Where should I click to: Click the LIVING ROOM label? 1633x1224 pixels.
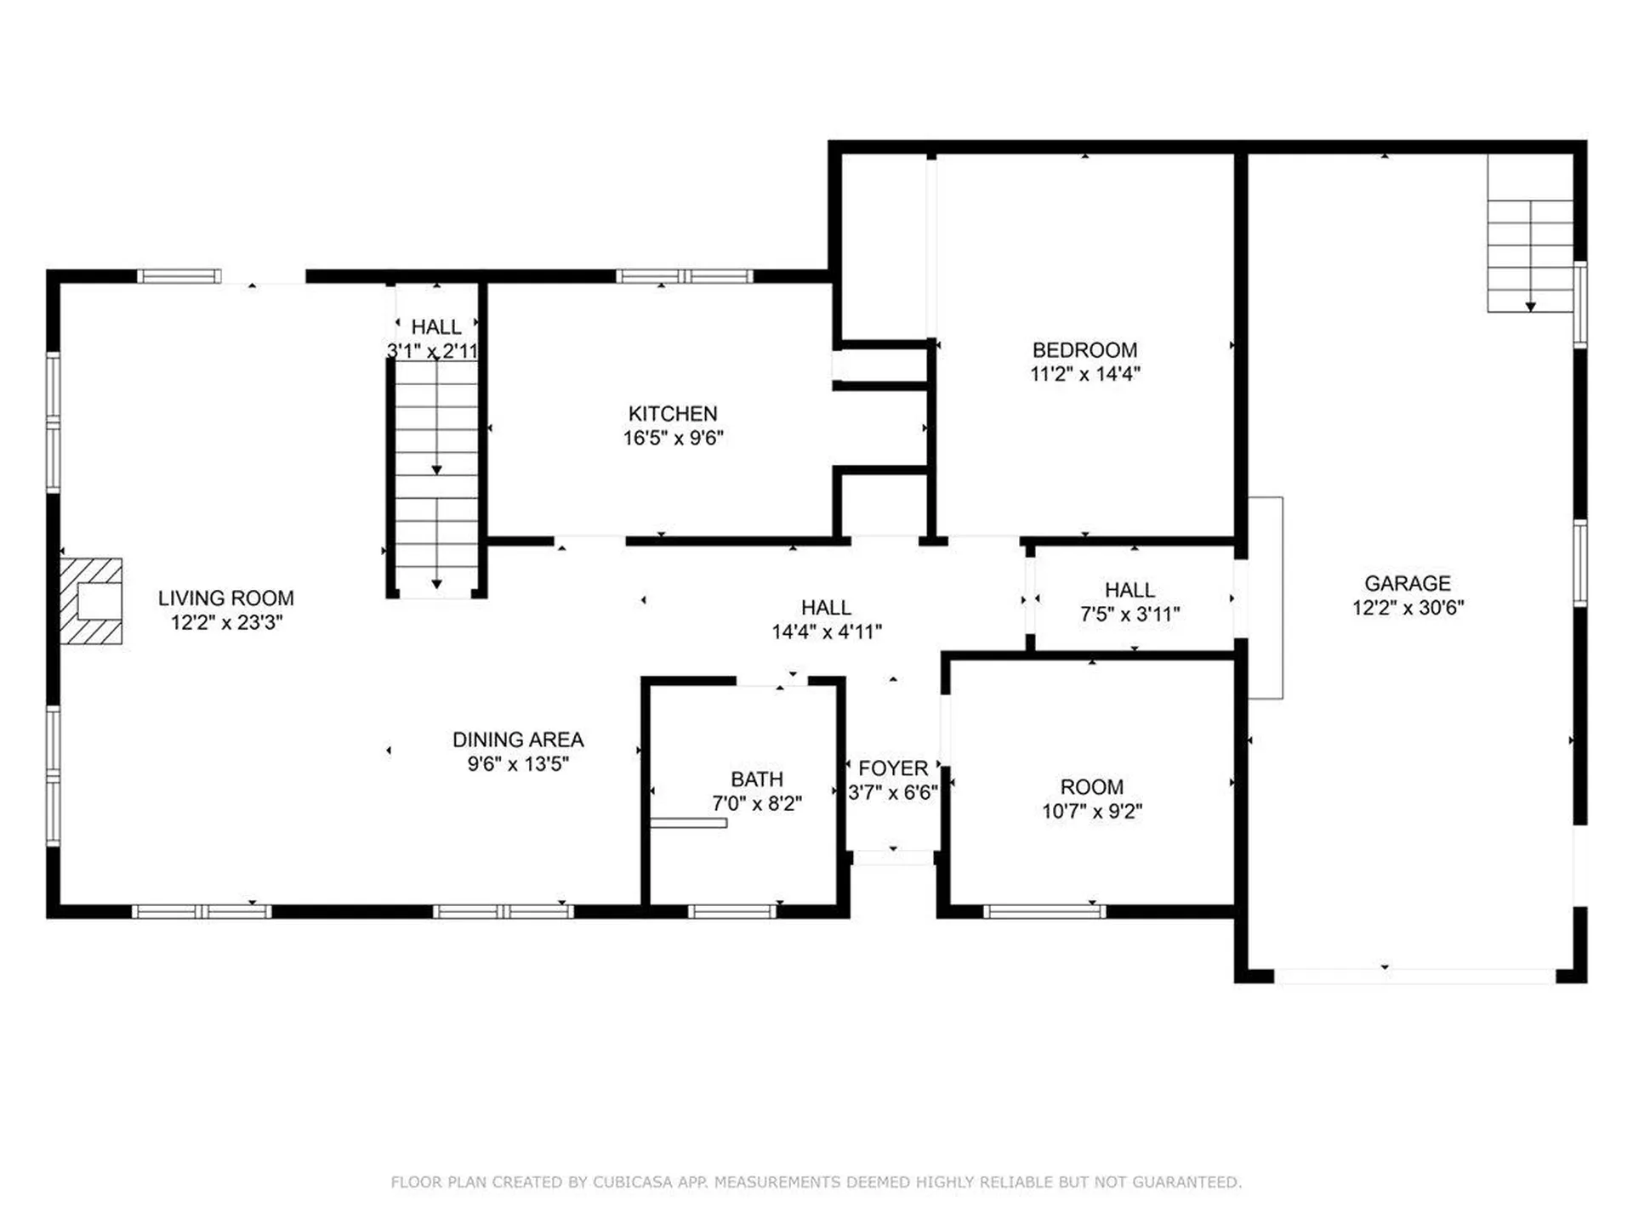pos(225,598)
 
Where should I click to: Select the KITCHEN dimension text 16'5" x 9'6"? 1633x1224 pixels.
pos(673,438)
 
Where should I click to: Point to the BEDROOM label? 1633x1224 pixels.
pos(1084,350)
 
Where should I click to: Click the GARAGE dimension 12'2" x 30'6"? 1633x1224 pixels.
pos(1408,608)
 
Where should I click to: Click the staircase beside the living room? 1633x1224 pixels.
pos(436,476)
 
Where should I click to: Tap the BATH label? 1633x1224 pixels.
pos(756,779)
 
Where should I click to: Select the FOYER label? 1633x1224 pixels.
pos(892,768)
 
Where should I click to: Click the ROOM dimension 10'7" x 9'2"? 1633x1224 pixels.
pos(1092,812)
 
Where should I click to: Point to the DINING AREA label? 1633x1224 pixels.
pos(517,740)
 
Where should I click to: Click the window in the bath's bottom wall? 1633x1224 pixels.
pos(732,912)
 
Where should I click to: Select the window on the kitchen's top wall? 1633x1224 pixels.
pos(684,276)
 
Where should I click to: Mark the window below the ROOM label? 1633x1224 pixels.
pos(1044,912)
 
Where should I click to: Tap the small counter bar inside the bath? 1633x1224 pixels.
pos(688,823)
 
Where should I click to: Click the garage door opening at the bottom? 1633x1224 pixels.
pos(1414,977)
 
